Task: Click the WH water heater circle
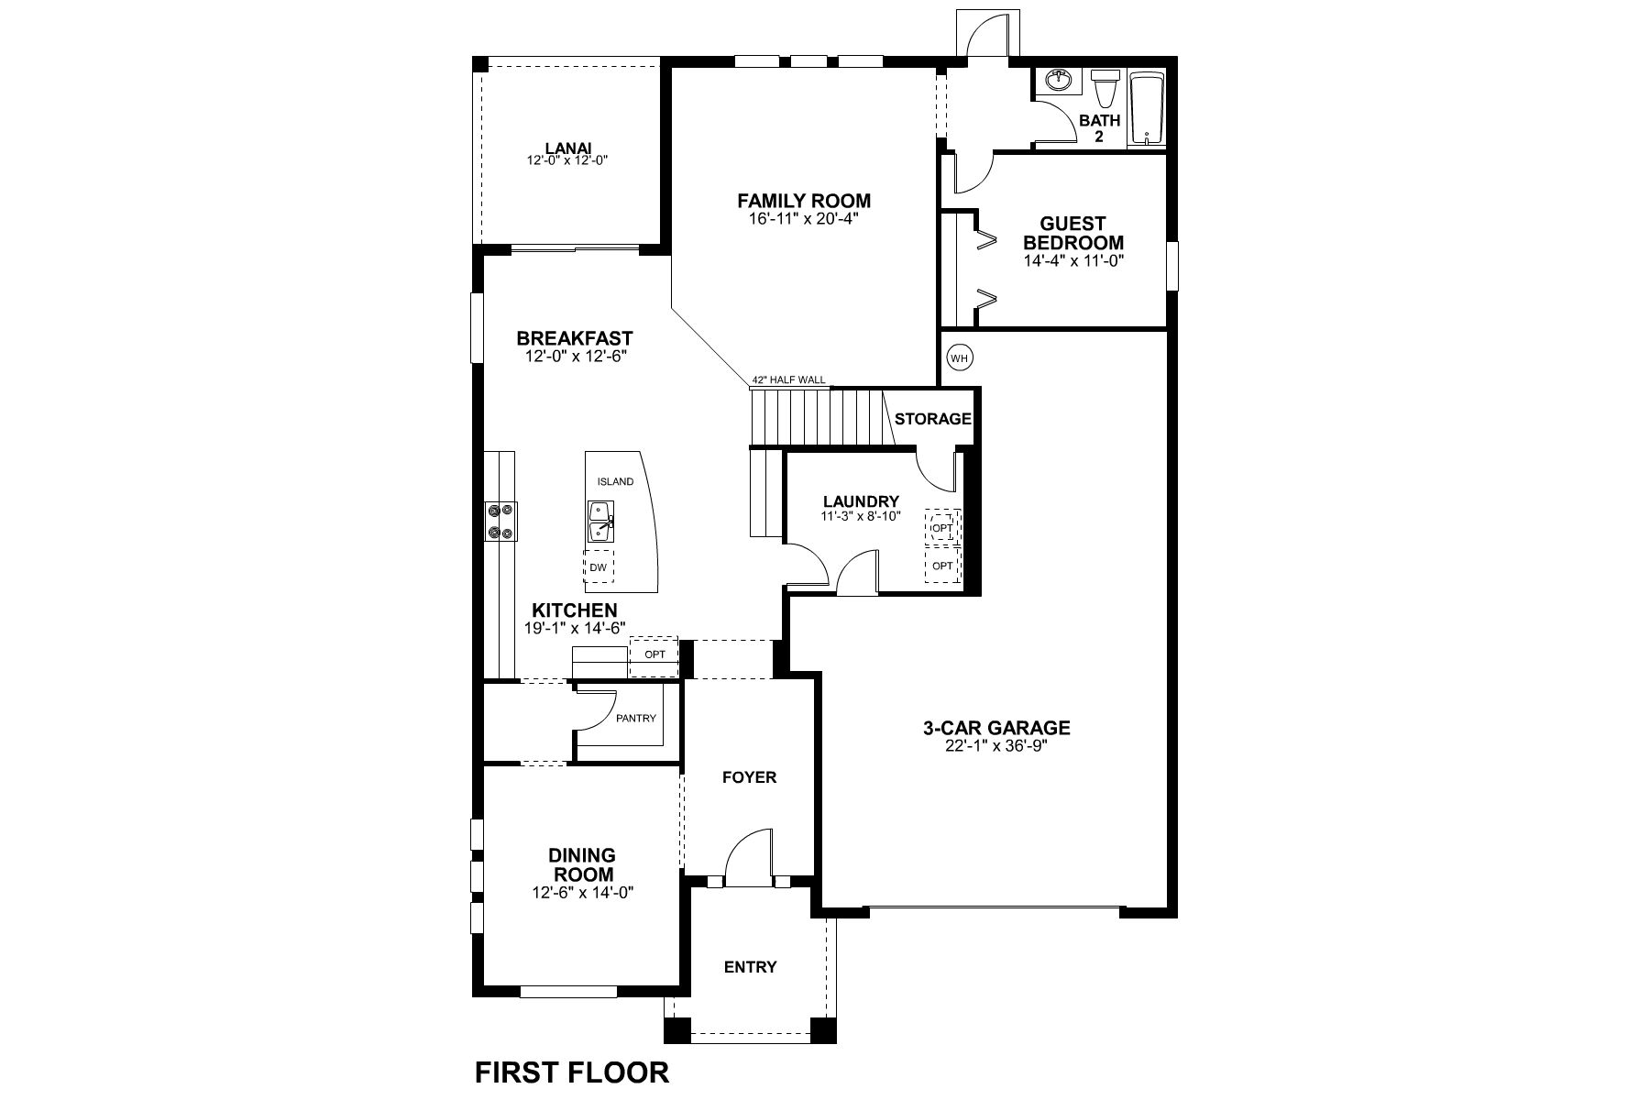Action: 959,357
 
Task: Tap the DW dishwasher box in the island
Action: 599,567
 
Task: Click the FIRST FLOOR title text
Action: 571,1072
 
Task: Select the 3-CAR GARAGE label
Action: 996,728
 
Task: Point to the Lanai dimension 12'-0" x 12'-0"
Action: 568,160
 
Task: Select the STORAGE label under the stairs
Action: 933,419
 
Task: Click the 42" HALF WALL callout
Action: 788,379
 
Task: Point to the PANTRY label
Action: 636,718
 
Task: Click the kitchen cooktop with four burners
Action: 501,522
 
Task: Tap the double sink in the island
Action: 601,522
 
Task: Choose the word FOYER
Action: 749,777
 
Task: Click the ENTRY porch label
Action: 751,966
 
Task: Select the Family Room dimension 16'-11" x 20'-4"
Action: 804,219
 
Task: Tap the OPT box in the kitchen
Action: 654,654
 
